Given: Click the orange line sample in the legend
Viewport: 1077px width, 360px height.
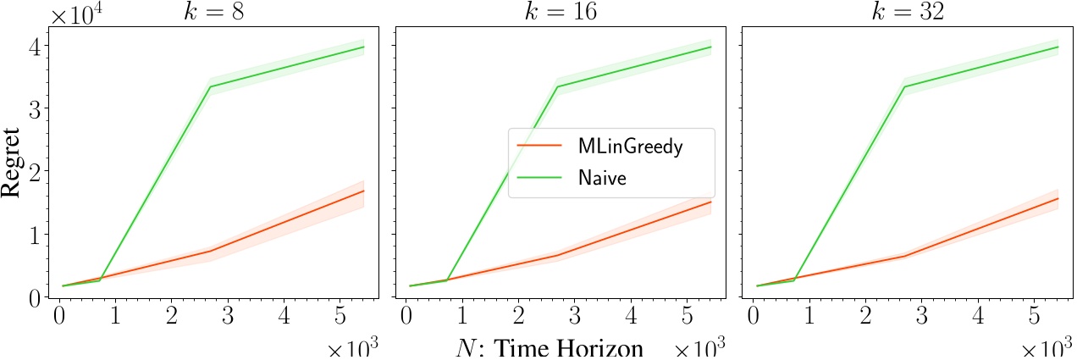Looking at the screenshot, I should (x=538, y=146).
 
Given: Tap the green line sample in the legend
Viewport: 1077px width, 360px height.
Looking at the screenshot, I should (x=538, y=179).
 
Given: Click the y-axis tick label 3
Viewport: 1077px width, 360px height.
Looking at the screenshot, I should (x=32, y=108).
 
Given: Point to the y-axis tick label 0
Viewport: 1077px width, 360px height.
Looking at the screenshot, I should (x=32, y=297).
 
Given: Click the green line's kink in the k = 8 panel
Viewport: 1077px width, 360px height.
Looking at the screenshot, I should (x=210, y=86).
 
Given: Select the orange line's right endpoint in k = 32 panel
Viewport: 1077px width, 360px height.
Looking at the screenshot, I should (x=1059, y=198).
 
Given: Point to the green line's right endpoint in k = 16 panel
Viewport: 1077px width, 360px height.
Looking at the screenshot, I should (x=711, y=47).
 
